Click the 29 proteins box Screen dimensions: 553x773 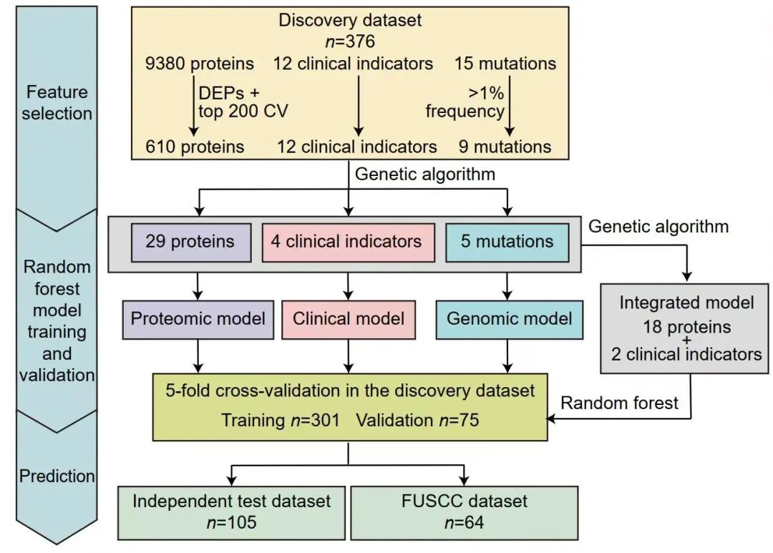[x=190, y=242]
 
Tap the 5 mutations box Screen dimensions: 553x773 [x=507, y=242]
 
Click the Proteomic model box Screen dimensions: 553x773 [x=198, y=318]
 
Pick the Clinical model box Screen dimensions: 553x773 [x=349, y=318]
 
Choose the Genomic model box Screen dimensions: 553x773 [x=509, y=318]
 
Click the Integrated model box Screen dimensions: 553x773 [x=686, y=328]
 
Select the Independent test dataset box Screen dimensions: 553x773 [x=231, y=512]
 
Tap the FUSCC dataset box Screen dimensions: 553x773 [x=464, y=512]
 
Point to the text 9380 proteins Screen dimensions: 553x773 [x=199, y=64]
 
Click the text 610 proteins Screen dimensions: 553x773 [x=195, y=147]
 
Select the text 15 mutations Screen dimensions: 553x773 [x=505, y=64]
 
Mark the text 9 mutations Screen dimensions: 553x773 [x=505, y=147]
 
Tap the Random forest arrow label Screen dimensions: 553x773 [x=620, y=403]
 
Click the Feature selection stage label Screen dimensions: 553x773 [x=57, y=102]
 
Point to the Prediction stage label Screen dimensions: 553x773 [x=57, y=476]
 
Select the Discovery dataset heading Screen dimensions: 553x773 [x=350, y=20]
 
